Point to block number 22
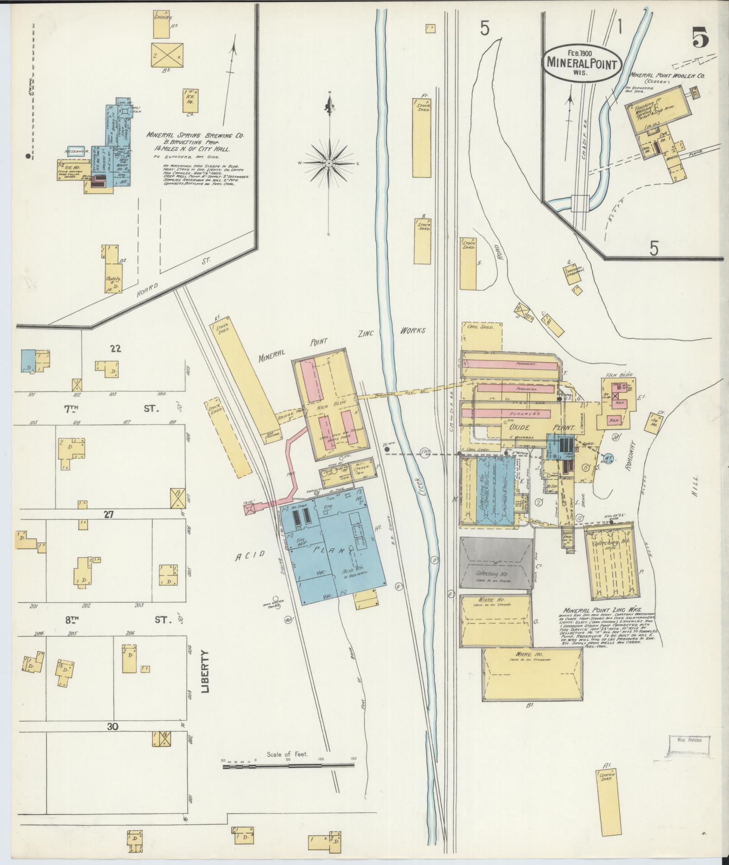point(116,349)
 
